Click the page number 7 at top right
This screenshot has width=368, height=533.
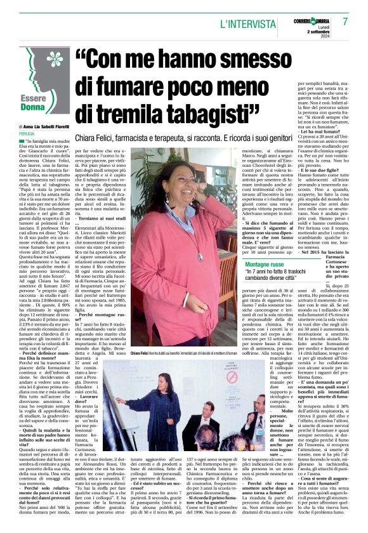[346, 22]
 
